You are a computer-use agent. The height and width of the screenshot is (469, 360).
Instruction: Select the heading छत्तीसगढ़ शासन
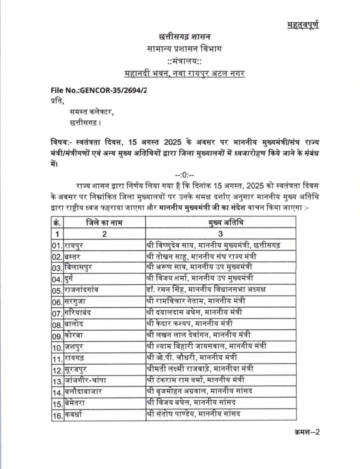pos(184,37)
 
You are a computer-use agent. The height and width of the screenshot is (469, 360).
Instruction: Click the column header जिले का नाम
pos(104,222)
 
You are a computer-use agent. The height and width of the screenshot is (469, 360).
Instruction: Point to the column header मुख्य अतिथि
pos(220,222)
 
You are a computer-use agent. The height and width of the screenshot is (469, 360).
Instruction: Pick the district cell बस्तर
pos(73,257)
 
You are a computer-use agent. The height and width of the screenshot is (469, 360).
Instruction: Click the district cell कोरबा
pos(74,335)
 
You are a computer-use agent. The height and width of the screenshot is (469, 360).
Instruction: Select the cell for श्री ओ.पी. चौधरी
pos(192,358)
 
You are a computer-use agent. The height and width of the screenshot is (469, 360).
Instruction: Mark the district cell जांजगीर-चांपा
pos(85,380)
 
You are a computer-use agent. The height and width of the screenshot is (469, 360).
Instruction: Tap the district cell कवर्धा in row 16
pos(73,415)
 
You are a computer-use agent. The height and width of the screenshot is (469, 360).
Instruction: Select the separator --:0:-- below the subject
pos(184,175)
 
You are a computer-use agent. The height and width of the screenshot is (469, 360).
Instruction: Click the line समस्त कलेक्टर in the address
pos(92,112)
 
